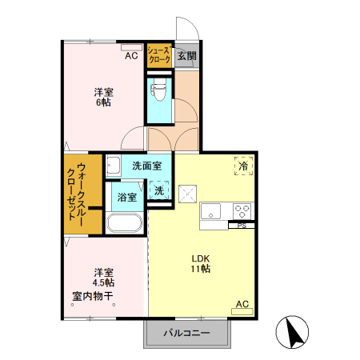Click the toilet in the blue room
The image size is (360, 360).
(x=158, y=90)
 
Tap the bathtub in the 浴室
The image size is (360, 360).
(x=125, y=223)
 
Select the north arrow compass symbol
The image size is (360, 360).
(x=292, y=332)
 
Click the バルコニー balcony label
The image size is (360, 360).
(x=186, y=333)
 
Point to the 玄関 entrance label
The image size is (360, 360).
(x=187, y=56)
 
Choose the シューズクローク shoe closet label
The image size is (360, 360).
(x=159, y=55)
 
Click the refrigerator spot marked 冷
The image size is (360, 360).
(x=243, y=166)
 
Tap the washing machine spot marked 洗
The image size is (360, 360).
(x=159, y=190)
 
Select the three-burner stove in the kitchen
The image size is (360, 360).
(x=242, y=211)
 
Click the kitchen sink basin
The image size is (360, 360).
(x=210, y=211)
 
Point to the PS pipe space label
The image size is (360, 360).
(x=242, y=226)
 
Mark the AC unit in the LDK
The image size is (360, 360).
(x=242, y=311)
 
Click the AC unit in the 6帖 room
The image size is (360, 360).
(x=131, y=47)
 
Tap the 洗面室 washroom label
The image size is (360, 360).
(x=147, y=166)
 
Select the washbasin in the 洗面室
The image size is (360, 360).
(x=114, y=166)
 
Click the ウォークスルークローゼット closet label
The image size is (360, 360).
(x=76, y=195)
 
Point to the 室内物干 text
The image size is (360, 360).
(x=93, y=296)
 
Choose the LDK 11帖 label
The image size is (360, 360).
(x=201, y=263)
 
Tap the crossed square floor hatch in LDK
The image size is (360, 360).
(x=187, y=194)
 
